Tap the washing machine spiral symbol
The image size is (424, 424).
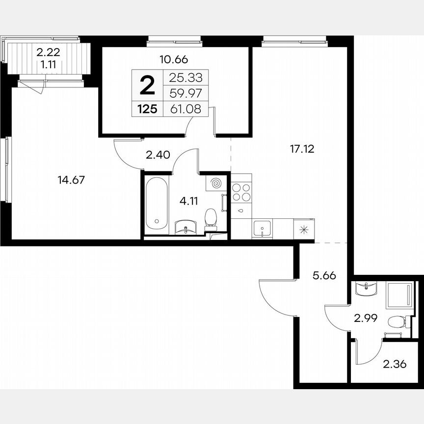[x=214, y=184]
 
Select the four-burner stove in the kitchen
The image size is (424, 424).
[x=241, y=192]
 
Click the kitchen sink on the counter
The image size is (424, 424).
[x=262, y=228]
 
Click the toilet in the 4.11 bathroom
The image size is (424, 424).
[x=211, y=218]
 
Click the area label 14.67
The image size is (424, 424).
[x=72, y=180]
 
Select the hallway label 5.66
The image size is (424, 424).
[x=325, y=276]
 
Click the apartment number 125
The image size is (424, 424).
[x=147, y=109]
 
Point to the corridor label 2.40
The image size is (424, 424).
[x=157, y=156]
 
